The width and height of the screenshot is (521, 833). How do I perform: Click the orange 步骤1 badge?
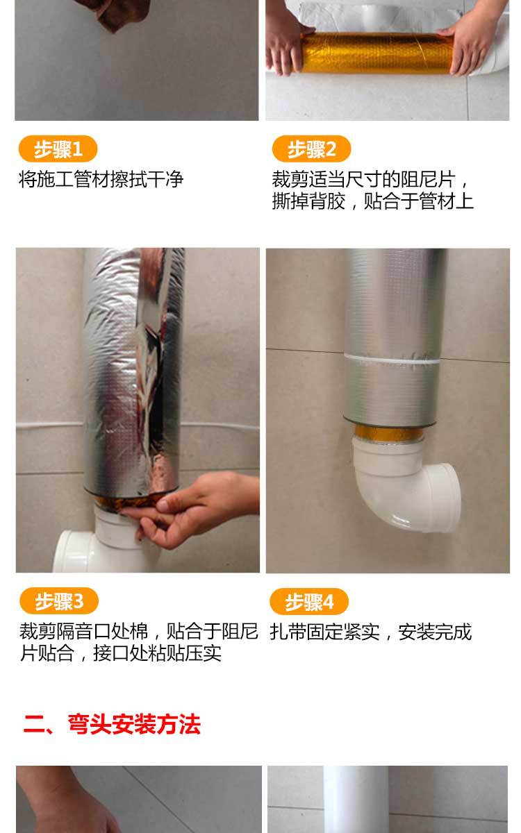[x=57, y=149]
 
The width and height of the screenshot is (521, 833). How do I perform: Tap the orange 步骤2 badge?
[x=311, y=149]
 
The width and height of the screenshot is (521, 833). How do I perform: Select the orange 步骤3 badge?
[x=58, y=601]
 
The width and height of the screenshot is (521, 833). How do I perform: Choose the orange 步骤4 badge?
[x=309, y=601]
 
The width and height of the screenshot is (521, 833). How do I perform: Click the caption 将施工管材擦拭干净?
[x=101, y=180]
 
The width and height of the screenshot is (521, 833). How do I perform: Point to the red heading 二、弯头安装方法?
[x=112, y=725]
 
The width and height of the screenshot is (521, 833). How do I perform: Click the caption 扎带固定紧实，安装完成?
[x=370, y=632]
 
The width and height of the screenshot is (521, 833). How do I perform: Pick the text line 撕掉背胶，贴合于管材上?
[x=372, y=202]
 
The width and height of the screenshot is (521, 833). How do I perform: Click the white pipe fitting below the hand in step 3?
[x=104, y=545]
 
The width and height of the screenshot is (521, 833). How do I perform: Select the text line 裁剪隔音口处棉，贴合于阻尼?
[x=138, y=632]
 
